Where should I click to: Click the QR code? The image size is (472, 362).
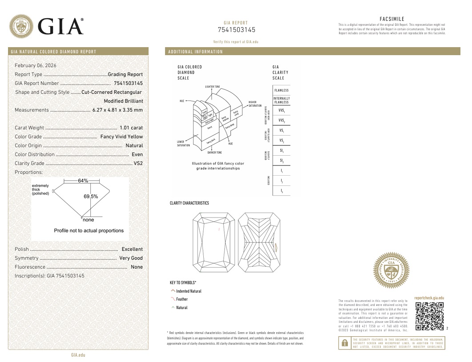click(x=429, y=316)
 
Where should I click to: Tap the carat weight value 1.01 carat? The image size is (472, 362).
click(x=131, y=128)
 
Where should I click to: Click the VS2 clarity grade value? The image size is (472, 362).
click(x=138, y=163)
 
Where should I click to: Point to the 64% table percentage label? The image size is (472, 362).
click(x=83, y=181)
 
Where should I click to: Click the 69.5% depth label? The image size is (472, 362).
click(x=91, y=196)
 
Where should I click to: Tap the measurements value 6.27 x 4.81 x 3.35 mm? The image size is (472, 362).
click(x=117, y=110)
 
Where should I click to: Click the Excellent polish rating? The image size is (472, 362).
click(x=132, y=249)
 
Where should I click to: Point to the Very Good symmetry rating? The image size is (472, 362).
click(x=131, y=258)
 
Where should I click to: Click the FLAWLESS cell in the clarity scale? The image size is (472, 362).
click(x=281, y=90)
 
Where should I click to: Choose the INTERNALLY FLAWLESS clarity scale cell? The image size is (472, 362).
click(x=281, y=101)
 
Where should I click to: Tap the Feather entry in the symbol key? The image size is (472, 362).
click(x=182, y=299)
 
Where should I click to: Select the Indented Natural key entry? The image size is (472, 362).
click(x=189, y=291)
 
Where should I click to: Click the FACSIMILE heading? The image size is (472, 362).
click(x=392, y=19)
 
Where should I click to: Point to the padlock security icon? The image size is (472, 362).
click(x=344, y=343)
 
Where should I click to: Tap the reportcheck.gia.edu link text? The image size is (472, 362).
click(x=429, y=298)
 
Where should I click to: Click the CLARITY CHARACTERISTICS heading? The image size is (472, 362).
click(x=189, y=203)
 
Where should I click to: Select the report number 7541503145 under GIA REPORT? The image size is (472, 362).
click(x=236, y=30)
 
